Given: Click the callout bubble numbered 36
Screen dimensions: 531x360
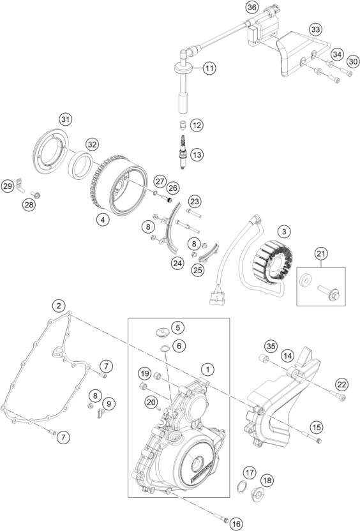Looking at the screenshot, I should pos(251,7).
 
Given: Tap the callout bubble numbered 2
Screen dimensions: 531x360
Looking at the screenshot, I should pos(59,306).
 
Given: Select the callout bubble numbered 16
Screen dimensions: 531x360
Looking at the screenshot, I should pos(237,523).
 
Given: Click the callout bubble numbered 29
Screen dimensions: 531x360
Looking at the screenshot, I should pos(8,186).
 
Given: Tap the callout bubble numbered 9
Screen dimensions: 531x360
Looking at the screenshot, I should pos(109,403).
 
